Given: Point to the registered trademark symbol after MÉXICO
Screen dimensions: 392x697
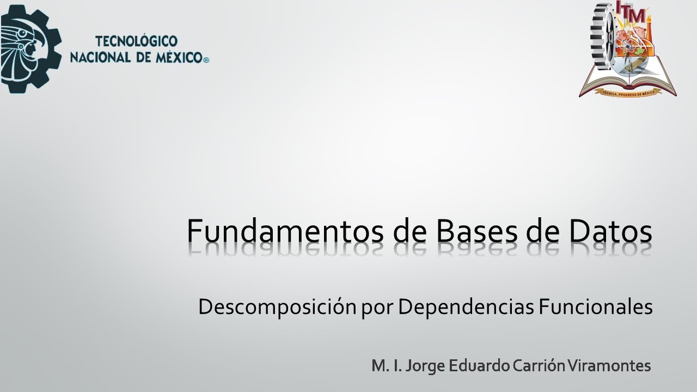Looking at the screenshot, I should pos(206,60).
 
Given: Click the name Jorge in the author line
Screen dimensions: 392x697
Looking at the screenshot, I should pos(420,366).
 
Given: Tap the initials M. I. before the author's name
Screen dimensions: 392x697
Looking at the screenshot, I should pos(383,365).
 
